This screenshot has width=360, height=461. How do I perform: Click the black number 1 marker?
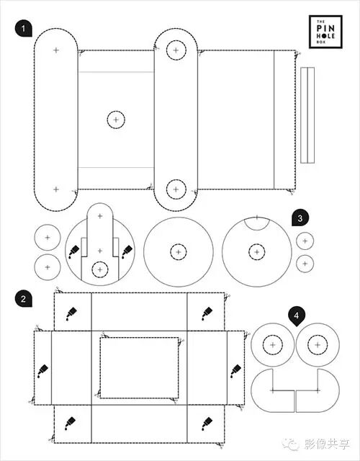(23, 28)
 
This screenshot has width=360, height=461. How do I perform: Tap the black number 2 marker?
(23, 299)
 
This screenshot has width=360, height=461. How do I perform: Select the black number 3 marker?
(300, 218)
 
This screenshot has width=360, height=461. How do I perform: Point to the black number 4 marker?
(297, 316)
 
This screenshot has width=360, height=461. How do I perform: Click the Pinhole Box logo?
(325, 32)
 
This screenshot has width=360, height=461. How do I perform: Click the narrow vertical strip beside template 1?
(307, 115)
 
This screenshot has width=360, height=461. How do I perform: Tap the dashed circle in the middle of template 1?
(116, 120)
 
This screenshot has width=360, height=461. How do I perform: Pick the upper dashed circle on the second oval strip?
(176, 50)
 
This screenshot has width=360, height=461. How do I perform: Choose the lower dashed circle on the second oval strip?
(176, 189)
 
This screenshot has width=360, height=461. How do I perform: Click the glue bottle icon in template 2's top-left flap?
(71, 313)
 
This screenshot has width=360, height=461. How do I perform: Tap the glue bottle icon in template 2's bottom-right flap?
(207, 424)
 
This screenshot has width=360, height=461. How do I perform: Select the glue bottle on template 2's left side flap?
(42, 371)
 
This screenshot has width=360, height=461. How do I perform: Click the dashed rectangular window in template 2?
(139, 368)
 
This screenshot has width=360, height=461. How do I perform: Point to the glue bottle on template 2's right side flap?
(235, 371)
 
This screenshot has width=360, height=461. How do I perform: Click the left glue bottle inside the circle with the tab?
(73, 252)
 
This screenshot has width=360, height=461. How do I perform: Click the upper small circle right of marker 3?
(305, 241)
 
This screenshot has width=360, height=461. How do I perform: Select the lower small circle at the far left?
(48, 267)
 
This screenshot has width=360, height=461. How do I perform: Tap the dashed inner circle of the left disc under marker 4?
(273, 345)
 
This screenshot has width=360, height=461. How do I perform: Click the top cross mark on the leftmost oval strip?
(56, 50)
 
